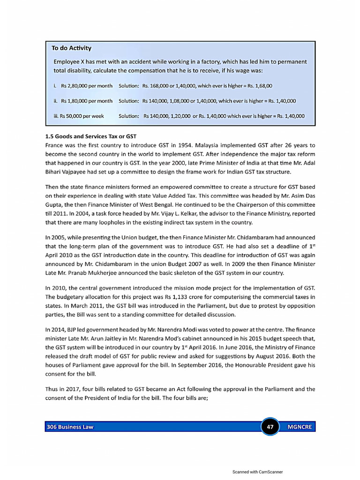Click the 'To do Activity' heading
point(71,48)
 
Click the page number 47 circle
point(270,427)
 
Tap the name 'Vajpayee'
point(72,172)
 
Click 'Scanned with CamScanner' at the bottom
point(257,472)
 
